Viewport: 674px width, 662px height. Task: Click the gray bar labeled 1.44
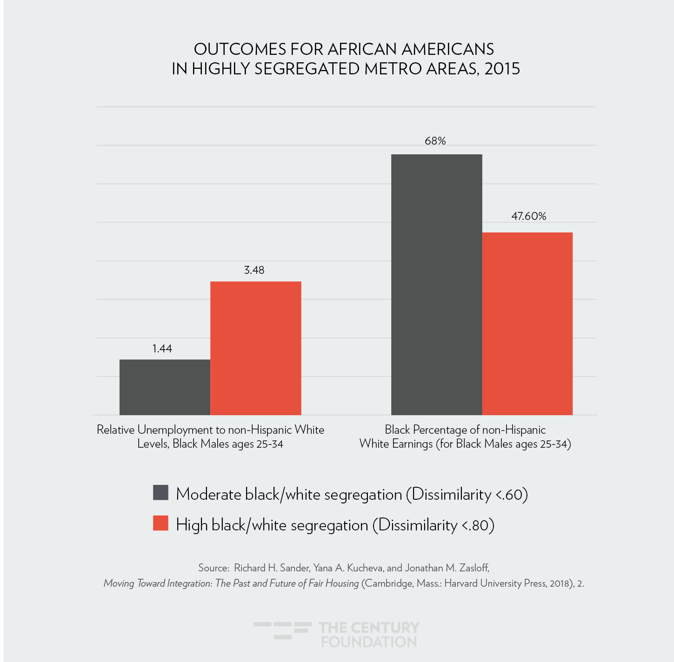[x=165, y=387]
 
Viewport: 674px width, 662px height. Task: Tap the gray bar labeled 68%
[x=436, y=285]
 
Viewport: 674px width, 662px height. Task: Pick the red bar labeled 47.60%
[x=527, y=324]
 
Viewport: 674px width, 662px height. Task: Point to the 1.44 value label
[x=162, y=349]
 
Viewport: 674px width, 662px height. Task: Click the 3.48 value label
[x=254, y=270]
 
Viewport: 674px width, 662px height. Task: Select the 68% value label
[x=435, y=141]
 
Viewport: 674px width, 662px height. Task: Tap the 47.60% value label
[x=528, y=216]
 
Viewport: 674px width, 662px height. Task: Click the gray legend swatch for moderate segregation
[x=160, y=493]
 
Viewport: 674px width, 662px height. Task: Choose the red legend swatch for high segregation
[x=160, y=523]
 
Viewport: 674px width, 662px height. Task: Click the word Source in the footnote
[x=213, y=568]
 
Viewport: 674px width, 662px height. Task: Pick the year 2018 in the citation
[x=559, y=583]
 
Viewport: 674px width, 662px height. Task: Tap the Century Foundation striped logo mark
[x=282, y=630]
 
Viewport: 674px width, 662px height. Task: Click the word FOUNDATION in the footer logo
[x=369, y=642]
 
